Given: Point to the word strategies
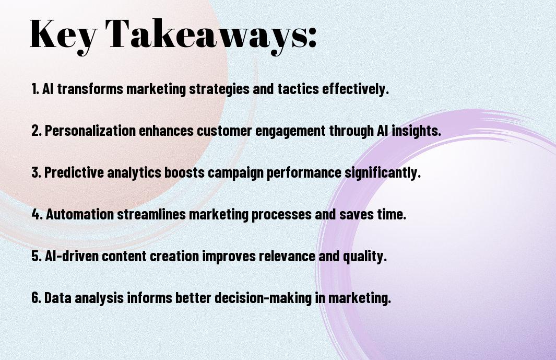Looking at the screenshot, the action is [x=219, y=89].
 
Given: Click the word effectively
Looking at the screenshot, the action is [x=356, y=89].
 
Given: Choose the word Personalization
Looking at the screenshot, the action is [x=90, y=131].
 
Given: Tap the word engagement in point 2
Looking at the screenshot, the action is [x=290, y=131].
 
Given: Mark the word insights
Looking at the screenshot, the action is [x=417, y=131].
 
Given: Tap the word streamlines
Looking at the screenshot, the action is [x=151, y=214].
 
